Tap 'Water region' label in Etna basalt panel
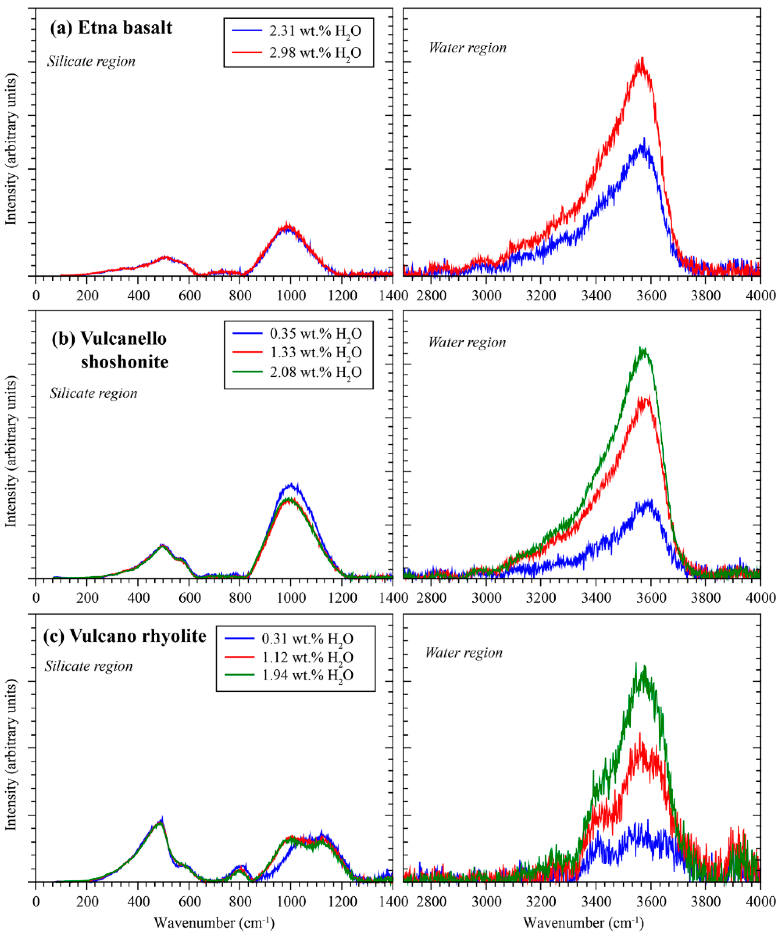point(467,48)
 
